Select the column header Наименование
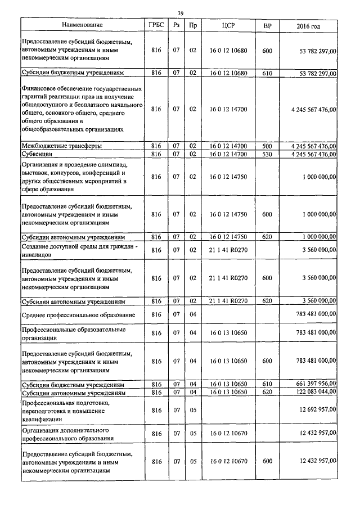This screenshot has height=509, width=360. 83,26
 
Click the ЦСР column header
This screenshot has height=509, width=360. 228,26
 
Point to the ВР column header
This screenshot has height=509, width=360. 267,26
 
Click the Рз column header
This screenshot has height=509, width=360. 176,26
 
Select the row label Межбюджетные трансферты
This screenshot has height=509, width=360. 62,146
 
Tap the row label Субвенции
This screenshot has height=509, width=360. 37,153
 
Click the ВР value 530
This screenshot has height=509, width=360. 267,153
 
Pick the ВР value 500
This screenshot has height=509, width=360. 267,146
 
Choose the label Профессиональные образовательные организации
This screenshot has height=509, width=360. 73,333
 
